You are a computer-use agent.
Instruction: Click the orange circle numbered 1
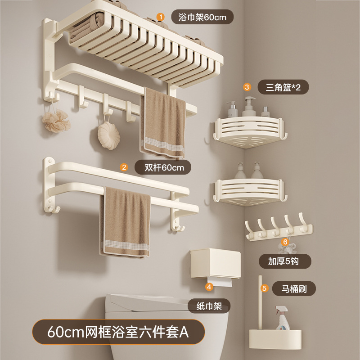[160, 17]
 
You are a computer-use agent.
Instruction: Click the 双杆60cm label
[164, 168]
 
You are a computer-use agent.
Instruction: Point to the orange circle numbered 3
[247, 86]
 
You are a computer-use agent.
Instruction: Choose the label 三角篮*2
[284, 86]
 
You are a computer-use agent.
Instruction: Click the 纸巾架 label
[209, 306]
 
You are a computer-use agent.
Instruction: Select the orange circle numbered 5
[265, 288]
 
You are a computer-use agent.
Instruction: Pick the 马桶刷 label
[294, 288]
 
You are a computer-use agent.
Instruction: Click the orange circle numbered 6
[284, 242]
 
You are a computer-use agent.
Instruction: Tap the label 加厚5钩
[284, 261]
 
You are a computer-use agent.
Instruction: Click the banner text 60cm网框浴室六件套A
[118, 333]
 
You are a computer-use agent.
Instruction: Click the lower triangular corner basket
[247, 191]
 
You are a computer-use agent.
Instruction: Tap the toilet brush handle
[261, 301]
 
